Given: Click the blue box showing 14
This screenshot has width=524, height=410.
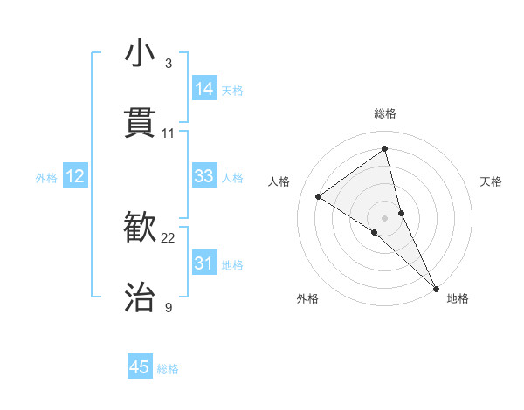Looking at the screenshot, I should click(204, 89).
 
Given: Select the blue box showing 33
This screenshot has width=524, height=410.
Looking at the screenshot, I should click(204, 176).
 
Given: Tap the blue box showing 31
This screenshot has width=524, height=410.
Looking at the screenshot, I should click(204, 263).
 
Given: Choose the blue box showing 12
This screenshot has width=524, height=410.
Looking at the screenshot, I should click(75, 176).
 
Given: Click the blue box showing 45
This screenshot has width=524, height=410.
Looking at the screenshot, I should click(140, 367).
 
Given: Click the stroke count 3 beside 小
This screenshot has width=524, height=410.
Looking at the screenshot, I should click(169, 64).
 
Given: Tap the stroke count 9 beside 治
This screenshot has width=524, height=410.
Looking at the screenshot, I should click(169, 307).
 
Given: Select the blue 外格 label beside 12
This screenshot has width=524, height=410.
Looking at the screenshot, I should click(46, 178).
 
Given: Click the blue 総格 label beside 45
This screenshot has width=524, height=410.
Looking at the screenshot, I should click(168, 369).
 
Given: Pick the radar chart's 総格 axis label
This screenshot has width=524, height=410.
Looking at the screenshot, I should click(385, 113).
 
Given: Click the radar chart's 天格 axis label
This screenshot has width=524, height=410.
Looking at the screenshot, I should click(491, 181).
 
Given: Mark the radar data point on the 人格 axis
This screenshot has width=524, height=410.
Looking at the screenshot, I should click(319, 197).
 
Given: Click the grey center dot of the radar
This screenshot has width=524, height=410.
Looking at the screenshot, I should click(385, 217).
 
